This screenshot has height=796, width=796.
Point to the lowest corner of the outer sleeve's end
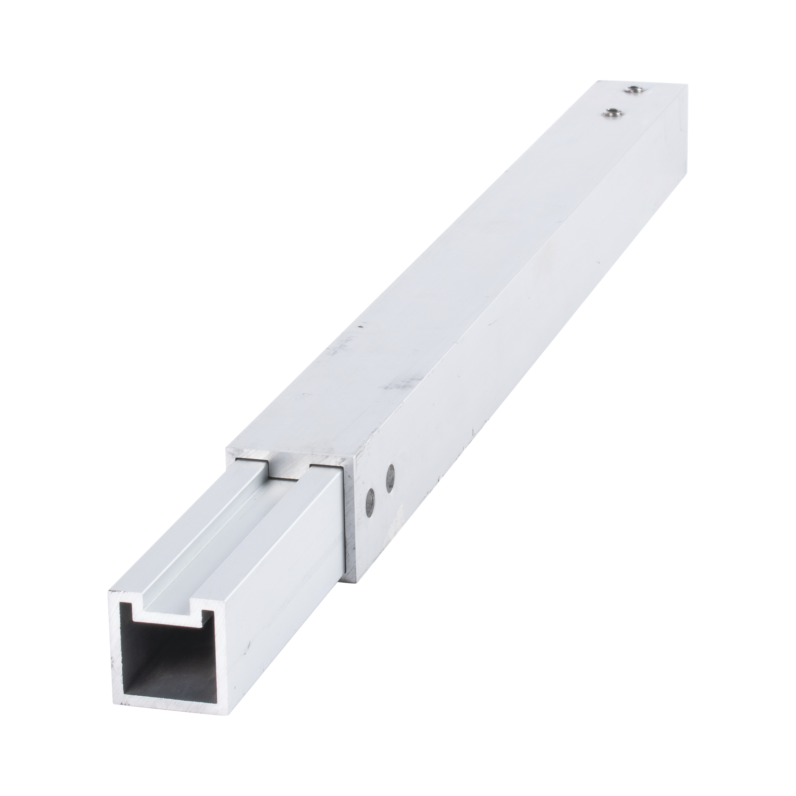tap(354, 581)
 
